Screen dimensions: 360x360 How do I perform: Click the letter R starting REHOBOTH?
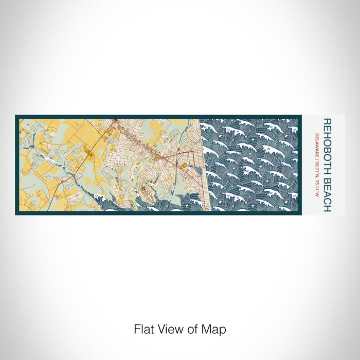[327, 122]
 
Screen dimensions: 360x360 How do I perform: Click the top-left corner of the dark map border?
[16, 116]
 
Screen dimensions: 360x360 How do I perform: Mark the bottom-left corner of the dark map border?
[16, 214]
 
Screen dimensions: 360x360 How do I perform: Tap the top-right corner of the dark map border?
[301, 116]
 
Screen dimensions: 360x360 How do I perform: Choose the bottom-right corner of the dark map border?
[301, 214]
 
